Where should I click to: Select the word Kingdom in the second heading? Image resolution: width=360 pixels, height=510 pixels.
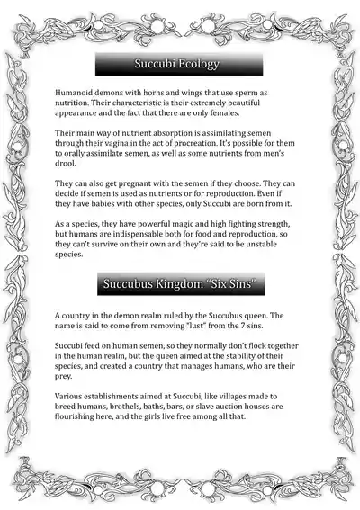[181, 285]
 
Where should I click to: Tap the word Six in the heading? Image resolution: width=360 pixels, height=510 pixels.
[220, 285]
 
